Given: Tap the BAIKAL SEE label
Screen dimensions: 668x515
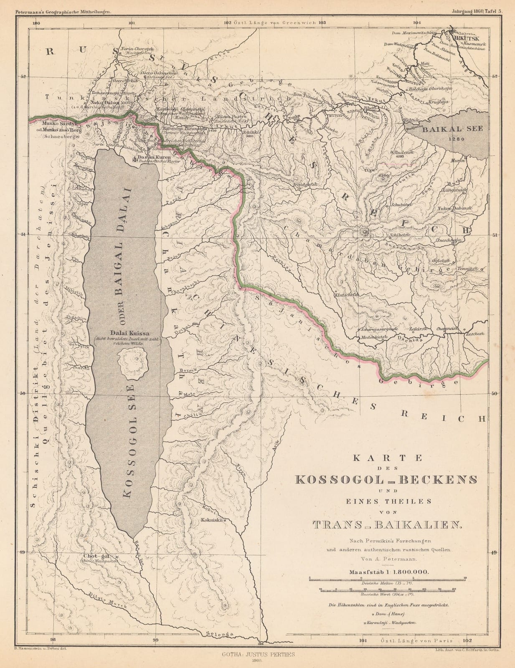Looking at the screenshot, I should click(x=452, y=129).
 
